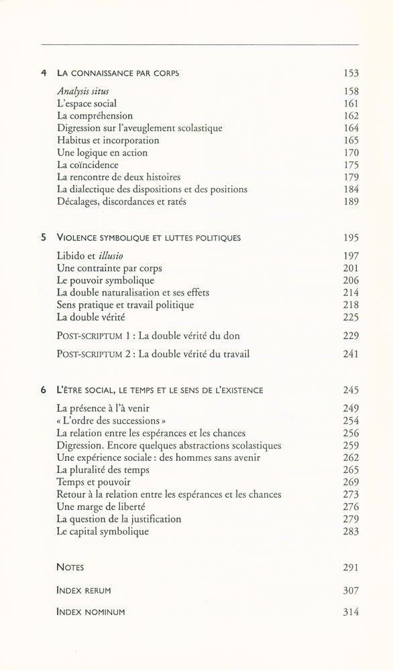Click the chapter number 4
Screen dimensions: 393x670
point(43,73)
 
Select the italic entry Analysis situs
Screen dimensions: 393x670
point(82,91)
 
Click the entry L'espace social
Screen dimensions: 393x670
point(87,104)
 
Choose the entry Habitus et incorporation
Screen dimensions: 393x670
point(108,141)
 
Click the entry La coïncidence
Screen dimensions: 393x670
point(87,165)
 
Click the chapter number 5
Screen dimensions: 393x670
point(43,238)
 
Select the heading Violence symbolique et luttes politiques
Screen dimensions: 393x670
point(149,238)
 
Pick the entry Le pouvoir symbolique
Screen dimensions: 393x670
point(105,281)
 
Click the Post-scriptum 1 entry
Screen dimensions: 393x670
point(148,335)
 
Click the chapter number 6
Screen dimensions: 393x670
point(43,390)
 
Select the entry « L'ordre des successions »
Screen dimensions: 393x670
point(111,421)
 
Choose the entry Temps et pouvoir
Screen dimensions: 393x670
point(94,482)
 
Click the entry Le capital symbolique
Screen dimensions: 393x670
point(103,531)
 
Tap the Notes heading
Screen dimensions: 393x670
point(70,567)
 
